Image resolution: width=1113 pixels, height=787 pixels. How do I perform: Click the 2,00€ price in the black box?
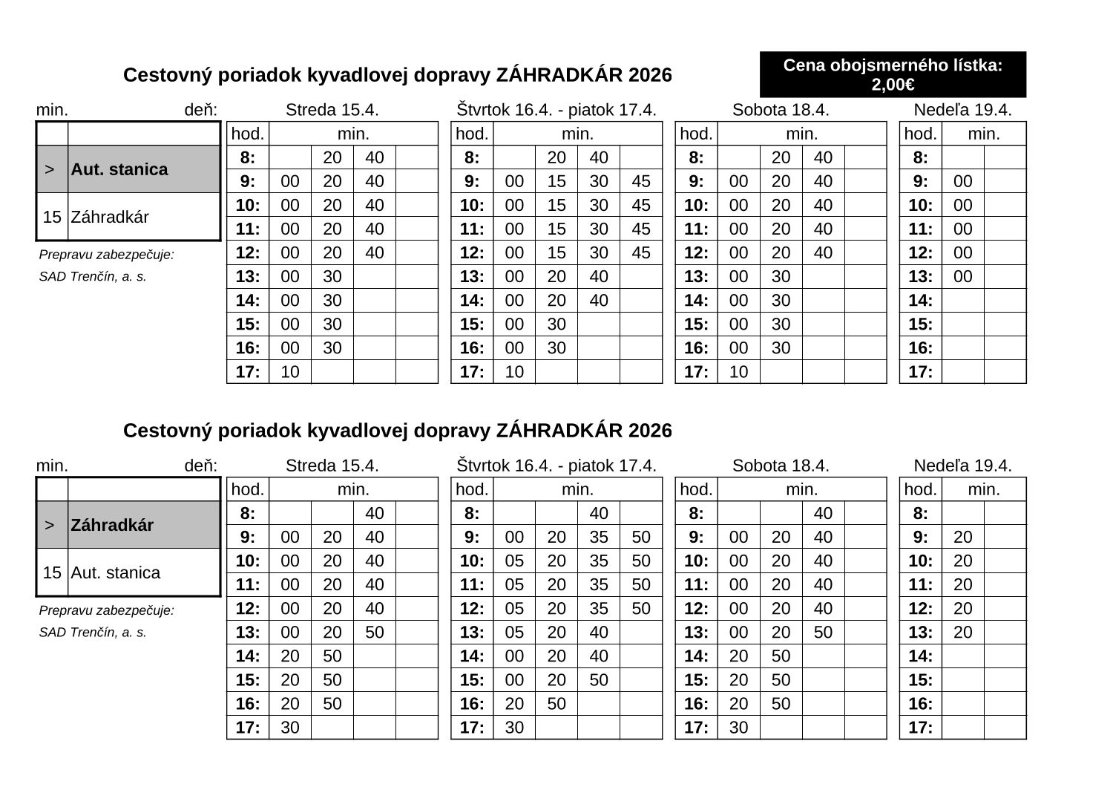coord(893,85)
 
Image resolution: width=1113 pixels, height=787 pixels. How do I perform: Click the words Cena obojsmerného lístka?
coord(893,66)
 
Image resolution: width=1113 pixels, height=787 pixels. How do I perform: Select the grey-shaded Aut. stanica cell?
coord(144,169)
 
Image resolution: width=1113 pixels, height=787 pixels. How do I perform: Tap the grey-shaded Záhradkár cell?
coord(144,525)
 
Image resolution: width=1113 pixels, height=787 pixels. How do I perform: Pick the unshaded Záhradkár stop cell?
coord(144,218)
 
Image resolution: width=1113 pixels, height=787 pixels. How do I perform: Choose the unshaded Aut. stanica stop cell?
coord(144,572)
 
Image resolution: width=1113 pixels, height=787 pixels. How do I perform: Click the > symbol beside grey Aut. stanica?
coord(49,169)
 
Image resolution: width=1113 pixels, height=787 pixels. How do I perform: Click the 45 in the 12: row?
coord(640,252)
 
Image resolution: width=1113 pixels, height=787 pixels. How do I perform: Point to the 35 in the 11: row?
coord(598,584)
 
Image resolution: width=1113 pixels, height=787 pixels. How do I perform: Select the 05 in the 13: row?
coord(514,632)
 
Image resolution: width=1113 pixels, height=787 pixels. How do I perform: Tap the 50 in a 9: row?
coord(640,537)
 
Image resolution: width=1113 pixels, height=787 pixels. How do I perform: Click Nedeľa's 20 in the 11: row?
coord(962,584)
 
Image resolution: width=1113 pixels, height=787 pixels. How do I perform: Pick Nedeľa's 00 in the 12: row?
coord(962,252)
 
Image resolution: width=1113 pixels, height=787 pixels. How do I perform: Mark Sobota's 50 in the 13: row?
coord(823,632)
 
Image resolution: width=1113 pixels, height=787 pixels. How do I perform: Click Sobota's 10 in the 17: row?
coord(739,371)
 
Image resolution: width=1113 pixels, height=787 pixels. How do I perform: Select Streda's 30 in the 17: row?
coord(290,727)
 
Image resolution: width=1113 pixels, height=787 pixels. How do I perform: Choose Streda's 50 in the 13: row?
coord(375,632)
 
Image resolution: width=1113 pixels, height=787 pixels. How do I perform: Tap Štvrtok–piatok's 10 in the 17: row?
coord(514,371)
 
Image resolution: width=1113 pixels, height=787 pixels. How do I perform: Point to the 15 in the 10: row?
coord(556,205)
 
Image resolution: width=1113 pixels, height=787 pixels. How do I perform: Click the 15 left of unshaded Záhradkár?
coord(52,218)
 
